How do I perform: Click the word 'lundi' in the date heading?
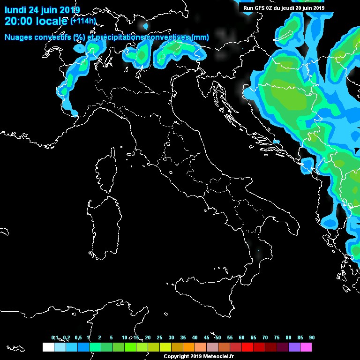[x=15, y=10]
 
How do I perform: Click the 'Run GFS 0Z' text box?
[x=286, y=7]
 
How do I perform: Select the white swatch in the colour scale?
[x=48, y=347]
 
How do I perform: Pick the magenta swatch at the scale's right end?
[x=306, y=347]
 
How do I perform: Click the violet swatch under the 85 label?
[x=294, y=347]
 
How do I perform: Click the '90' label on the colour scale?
[x=312, y=337]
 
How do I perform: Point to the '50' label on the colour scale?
[x=218, y=337]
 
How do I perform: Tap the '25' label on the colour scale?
[x=159, y=337]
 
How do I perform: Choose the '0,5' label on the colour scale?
[x=78, y=337]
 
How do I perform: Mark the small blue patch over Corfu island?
[x=307, y=165]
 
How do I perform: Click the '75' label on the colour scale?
[x=277, y=337]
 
